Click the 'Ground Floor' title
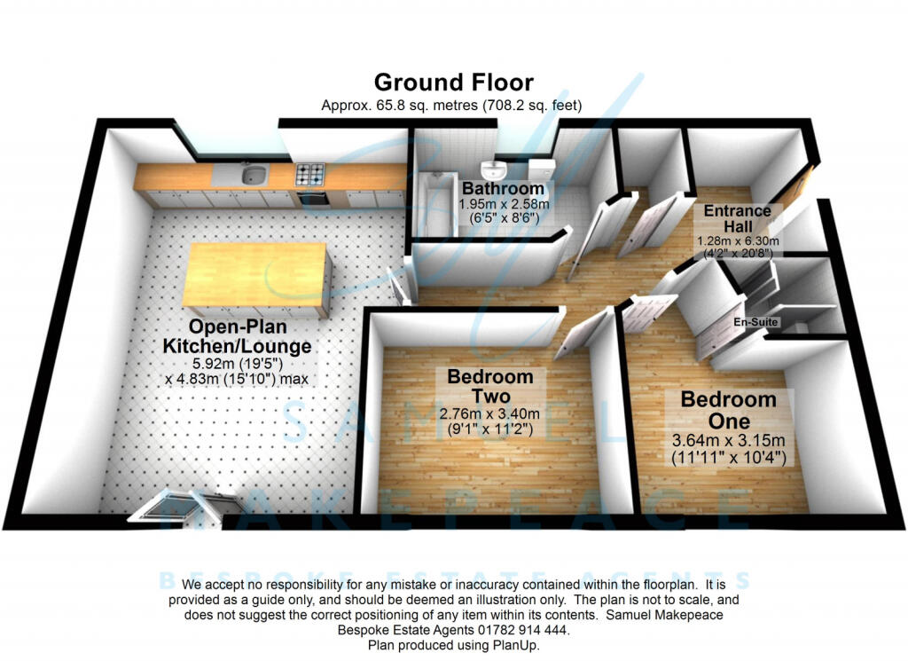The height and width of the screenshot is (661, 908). click(453, 83)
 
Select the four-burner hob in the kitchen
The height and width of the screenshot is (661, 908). click(311, 174)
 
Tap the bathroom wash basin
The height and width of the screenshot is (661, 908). click(493, 169)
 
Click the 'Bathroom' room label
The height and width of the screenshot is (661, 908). click(503, 189)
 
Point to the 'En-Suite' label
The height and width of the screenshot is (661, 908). click(755, 322)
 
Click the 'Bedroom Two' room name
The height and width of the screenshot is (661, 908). click(490, 386)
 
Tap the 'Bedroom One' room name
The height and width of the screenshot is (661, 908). click(728, 410)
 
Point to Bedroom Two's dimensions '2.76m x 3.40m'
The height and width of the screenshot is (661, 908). click(490, 413)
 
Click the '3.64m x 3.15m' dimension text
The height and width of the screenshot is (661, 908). click(728, 441)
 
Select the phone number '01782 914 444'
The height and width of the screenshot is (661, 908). click(518, 629)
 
